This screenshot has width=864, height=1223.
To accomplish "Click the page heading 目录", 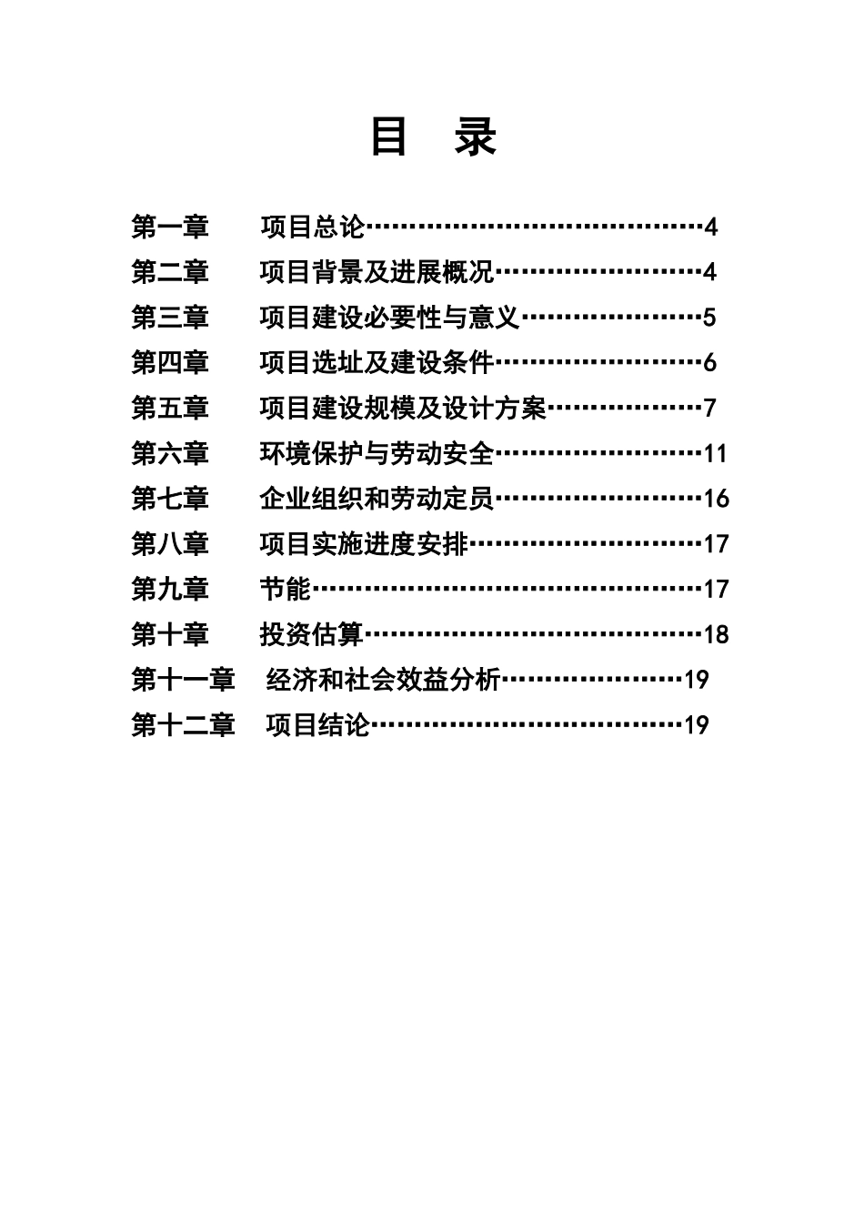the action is pos(433,137).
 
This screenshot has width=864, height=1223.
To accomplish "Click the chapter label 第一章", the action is pos(170,227).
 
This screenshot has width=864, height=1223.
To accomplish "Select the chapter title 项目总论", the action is pos(312,227).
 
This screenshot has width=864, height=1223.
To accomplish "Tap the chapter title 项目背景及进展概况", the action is pos(377,272).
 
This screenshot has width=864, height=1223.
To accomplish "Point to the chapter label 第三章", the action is pos(170,318).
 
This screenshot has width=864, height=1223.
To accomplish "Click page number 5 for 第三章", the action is pos(709,318).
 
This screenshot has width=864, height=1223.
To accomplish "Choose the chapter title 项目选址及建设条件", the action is pos(377,363).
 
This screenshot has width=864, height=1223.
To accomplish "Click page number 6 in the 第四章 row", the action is pos(709,363).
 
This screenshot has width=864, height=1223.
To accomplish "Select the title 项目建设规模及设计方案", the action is pos(402,409).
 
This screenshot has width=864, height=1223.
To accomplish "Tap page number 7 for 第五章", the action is pos(709,409).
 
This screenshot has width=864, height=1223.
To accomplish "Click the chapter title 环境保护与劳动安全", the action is pos(377,453).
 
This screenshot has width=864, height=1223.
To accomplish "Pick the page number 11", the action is pos(716,453).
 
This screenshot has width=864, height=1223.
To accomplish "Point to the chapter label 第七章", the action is pos(170,499).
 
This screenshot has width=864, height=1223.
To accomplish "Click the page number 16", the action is pos(716,499).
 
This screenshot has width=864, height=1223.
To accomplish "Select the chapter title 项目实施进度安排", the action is pos(364,544).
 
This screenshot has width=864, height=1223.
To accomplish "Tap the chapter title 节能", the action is pos(286,590).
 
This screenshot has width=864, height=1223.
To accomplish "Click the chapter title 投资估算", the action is pos(312,634).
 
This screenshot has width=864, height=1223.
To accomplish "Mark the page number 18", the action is pos(716,634).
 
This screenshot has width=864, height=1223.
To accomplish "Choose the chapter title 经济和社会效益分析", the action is pos(384,680).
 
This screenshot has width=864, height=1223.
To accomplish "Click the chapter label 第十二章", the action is pos(183,725).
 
